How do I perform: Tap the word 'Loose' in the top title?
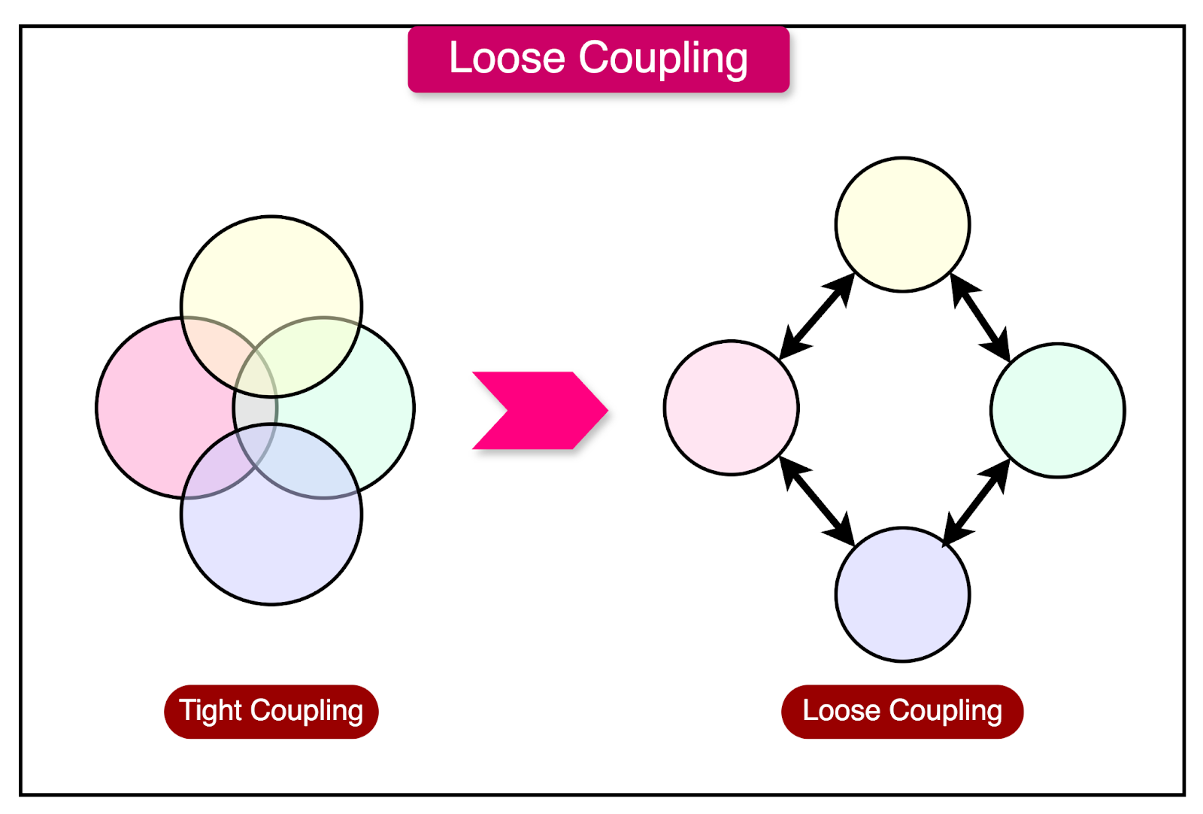507,59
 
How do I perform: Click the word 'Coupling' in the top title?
662,59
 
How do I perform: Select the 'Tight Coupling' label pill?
271,712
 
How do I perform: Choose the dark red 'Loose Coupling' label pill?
901,712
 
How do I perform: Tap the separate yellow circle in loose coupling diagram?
902,224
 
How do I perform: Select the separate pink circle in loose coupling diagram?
731,408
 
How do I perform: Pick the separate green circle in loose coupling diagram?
1057,411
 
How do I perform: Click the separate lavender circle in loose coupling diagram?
902,594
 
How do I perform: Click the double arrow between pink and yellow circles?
817,316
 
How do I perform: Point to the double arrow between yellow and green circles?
980,317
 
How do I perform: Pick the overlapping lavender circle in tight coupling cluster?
271,549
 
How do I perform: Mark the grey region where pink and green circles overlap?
256,411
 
